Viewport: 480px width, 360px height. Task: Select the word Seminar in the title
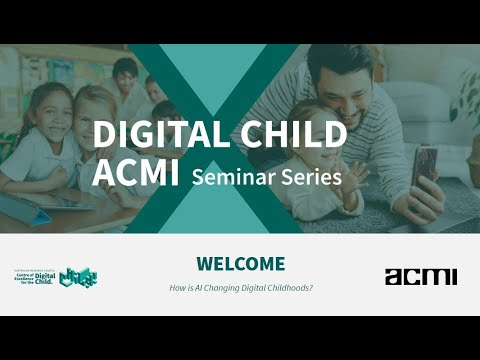click(x=234, y=177)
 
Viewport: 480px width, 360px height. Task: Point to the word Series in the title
click(x=311, y=177)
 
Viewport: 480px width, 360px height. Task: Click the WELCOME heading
click(x=240, y=264)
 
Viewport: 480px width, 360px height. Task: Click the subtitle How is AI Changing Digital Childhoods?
click(x=240, y=288)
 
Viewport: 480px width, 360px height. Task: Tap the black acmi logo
click(x=420, y=276)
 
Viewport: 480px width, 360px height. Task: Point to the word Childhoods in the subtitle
click(x=287, y=288)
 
